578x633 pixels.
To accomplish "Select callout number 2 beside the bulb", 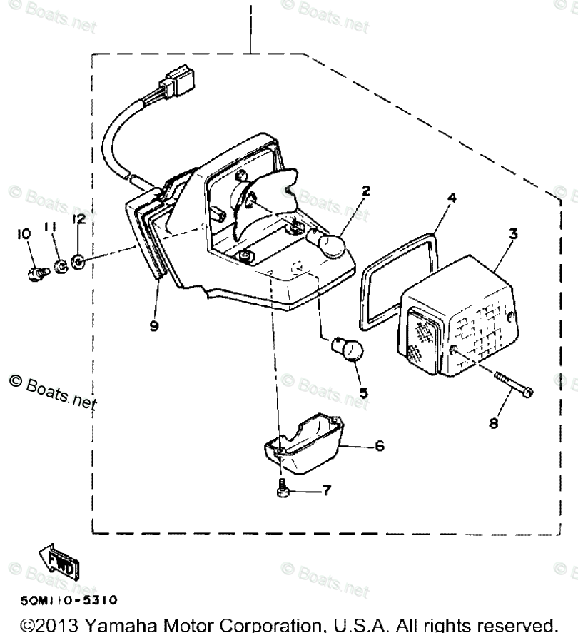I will click(365, 191).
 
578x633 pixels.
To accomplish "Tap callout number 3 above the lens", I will click(513, 233).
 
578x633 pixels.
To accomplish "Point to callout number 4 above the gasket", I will click(451, 198).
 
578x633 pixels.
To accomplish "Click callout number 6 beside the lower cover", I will click(379, 446).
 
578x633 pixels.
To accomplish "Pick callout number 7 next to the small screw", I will click(326, 491).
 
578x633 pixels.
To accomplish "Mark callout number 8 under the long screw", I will click(493, 423).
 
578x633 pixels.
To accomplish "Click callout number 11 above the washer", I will click(51, 228).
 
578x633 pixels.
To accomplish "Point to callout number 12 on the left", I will click(78, 220).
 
